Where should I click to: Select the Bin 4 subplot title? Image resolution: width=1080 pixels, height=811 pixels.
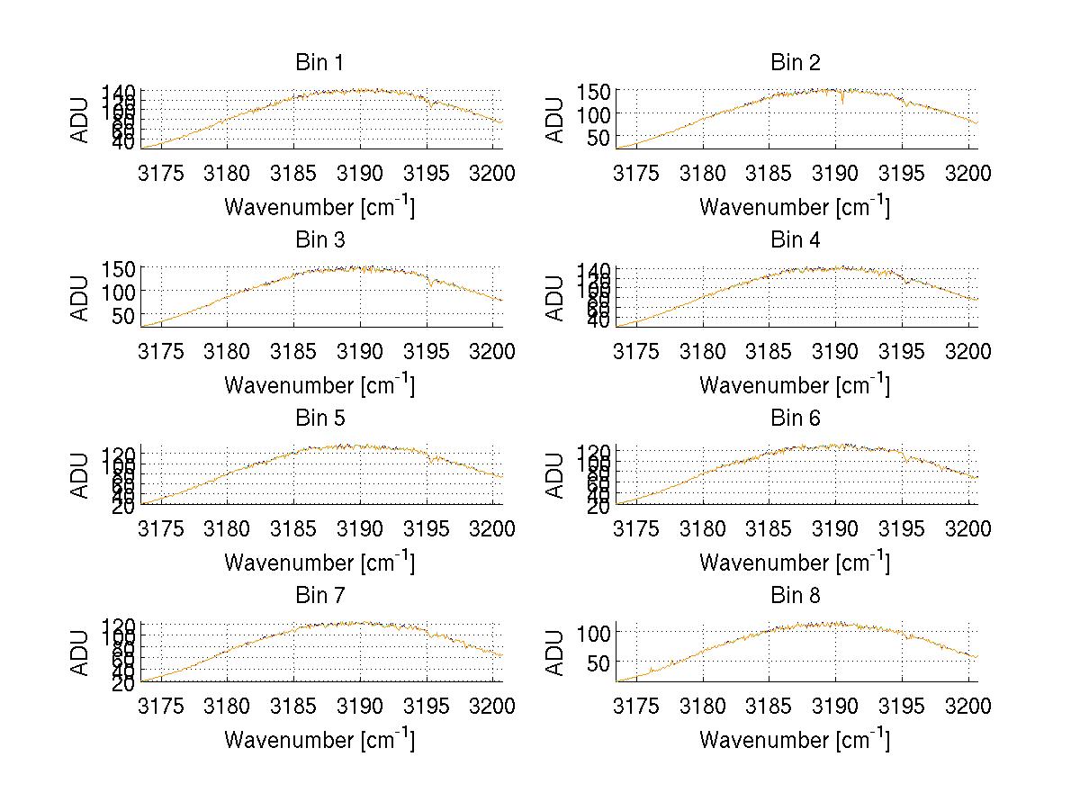(x=796, y=240)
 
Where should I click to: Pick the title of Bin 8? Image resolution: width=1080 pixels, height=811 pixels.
(x=796, y=596)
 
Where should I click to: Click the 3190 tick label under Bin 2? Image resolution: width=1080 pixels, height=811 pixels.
(x=835, y=173)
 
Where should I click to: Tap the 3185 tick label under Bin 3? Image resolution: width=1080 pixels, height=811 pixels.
(x=294, y=351)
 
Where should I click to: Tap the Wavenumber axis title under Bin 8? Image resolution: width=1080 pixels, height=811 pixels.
(x=794, y=739)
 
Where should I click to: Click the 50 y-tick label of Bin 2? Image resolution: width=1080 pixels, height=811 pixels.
(x=598, y=137)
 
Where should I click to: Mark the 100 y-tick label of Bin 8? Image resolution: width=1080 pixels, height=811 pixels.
(x=592, y=632)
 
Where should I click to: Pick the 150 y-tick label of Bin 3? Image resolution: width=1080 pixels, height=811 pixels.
(x=117, y=269)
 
